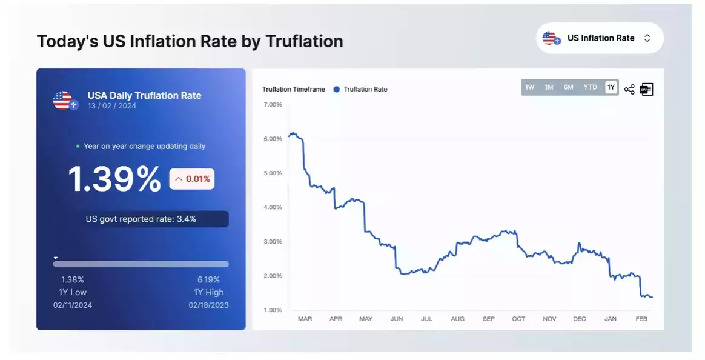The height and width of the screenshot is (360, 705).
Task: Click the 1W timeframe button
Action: click(x=530, y=87)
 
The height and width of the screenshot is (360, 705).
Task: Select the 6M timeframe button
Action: click(x=568, y=87)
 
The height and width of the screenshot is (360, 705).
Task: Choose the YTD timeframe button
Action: click(x=590, y=87)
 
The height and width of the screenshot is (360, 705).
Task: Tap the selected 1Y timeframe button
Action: click(x=611, y=87)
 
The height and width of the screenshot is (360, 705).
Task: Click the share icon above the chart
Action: click(x=629, y=90)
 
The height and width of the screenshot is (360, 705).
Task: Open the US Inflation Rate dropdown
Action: click(x=600, y=38)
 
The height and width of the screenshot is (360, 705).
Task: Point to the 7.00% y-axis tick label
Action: click(x=273, y=105)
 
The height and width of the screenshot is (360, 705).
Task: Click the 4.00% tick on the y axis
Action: click(x=273, y=207)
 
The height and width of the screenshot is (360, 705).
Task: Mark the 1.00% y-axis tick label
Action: click(x=273, y=310)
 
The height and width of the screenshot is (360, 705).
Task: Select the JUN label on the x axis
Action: click(x=397, y=319)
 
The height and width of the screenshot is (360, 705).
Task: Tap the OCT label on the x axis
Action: click(x=518, y=319)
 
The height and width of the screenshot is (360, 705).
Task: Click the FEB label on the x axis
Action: click(x=641, y=319)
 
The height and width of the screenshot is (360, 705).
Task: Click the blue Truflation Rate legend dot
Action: click(x=337, y=89)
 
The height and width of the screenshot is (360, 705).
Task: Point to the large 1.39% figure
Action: click(x=113, y=179)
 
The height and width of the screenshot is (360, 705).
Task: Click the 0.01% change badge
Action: click(x=191, y=179)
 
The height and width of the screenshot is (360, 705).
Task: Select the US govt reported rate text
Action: click(x=141, y=219)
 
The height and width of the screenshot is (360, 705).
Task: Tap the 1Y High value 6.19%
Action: click(x=208, y=280)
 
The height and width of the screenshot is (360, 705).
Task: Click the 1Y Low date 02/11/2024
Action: click(x=73, y=305)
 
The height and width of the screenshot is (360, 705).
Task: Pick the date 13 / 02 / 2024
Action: click(x=112, y=106)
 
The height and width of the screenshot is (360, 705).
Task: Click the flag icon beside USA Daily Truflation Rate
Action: click(x=64, y=101)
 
